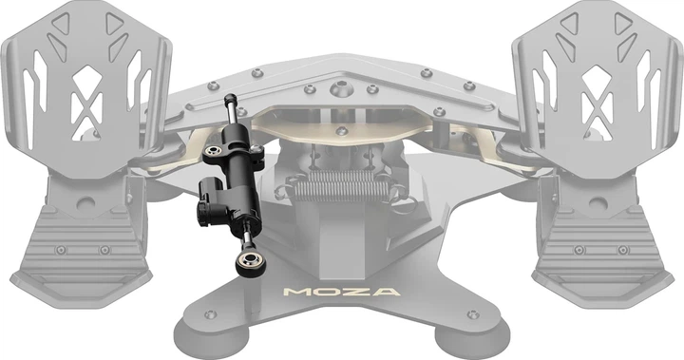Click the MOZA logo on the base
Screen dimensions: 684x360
coord(341,292)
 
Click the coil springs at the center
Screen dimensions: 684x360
coord(341,185)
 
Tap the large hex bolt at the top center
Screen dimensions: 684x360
coord(342,89)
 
